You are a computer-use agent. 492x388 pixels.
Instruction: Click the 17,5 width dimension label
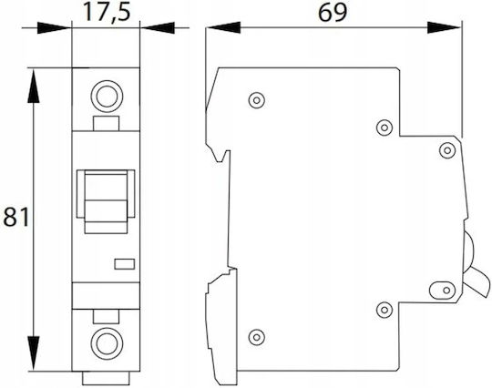click(x=107, y=13)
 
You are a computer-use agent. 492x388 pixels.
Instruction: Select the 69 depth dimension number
click(x=333, y=13)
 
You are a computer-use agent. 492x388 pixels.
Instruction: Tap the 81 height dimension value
click(x=15, y=217)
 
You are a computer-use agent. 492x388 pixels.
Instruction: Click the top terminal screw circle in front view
click(x=107, y=96)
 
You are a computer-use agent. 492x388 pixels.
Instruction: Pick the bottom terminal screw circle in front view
click(x=107, y=343)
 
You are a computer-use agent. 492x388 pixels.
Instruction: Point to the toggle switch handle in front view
click(x=106, y=201)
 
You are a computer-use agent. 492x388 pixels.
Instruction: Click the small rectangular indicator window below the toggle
click(x=125, y=264)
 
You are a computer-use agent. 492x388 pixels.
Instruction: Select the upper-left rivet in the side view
click(x=257, y=100)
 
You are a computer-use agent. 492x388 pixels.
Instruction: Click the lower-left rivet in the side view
click(x=257, y=338)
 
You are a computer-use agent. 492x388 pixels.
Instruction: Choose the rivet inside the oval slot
click(x=446, y=291)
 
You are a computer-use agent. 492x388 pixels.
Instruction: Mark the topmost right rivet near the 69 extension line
click(x=447, y=150)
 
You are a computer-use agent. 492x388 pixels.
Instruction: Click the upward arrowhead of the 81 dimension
click(x=34, y=86)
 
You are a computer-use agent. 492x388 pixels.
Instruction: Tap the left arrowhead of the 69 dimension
click(x=223, y=27)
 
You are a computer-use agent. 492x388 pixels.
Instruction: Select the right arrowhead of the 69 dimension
click(x=445, y=27)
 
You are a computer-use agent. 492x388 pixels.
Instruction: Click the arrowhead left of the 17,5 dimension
click(x=55, y=28)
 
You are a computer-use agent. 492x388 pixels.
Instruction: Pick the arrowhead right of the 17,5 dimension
click(x=158, y=28)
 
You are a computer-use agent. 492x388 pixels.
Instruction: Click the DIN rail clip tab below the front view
click(x=106, y=378)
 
